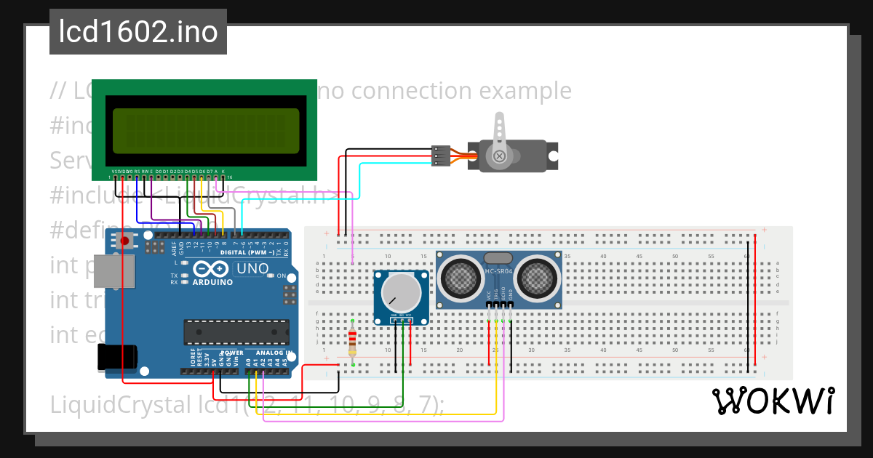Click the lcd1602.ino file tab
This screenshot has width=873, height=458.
[137, 33]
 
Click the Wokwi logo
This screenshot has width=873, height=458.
[773, 401]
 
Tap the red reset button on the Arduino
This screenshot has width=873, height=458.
[124, 241]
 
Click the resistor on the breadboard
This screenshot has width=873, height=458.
[353, 340]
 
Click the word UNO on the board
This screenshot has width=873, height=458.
[252, 268]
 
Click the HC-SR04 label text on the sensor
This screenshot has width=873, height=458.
[499, 271]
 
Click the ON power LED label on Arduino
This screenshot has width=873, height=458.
[282, 276]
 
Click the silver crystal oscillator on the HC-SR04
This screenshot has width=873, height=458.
[499, 257]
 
